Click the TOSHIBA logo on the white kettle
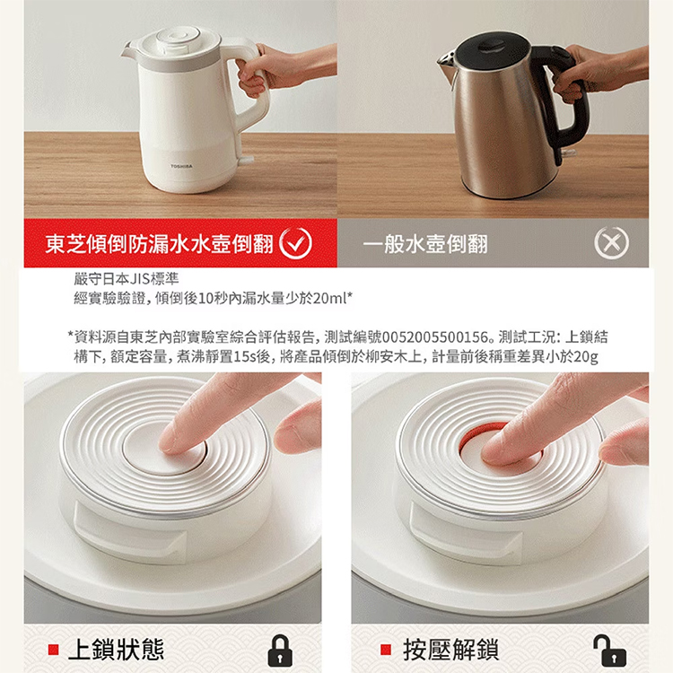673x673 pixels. pos(181,166)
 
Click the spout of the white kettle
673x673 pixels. pos(129,51)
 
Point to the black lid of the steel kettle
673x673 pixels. pos(493,49)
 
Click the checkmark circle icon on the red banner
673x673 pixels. pos(296,243)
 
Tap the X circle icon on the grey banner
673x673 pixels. pos(611,243)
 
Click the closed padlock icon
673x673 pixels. pos(280,651)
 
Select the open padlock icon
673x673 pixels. pos(609,651)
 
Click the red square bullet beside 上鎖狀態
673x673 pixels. pos(53,650)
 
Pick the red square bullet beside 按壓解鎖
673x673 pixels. pos(386,650)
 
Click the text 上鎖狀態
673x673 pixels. pos(116,650)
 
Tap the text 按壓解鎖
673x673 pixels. pos(450,650)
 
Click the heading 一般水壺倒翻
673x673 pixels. pos(425,244)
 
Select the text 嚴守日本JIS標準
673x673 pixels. pos(126,279)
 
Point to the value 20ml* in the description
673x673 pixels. pos(333,298)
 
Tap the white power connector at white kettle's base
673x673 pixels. pos(248,161)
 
